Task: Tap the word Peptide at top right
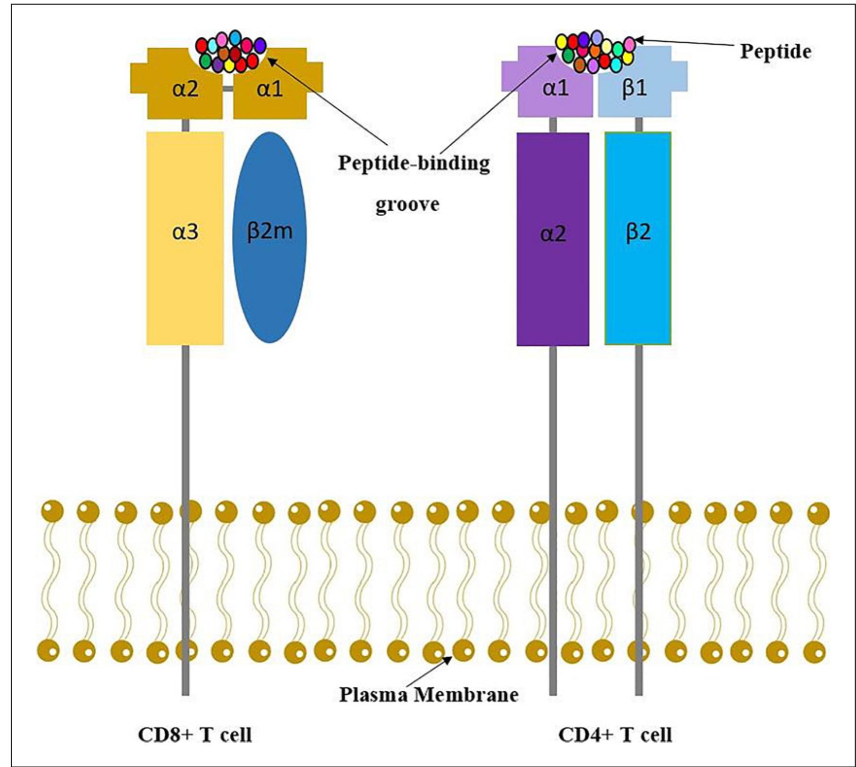(775, 51)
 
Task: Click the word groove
(407, 204)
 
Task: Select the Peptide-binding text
(414, 163)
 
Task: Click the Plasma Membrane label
(428, 695)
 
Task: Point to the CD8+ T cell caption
(195, 735)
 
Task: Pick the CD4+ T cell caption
(615, 735)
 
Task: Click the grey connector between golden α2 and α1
(228, 89)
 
